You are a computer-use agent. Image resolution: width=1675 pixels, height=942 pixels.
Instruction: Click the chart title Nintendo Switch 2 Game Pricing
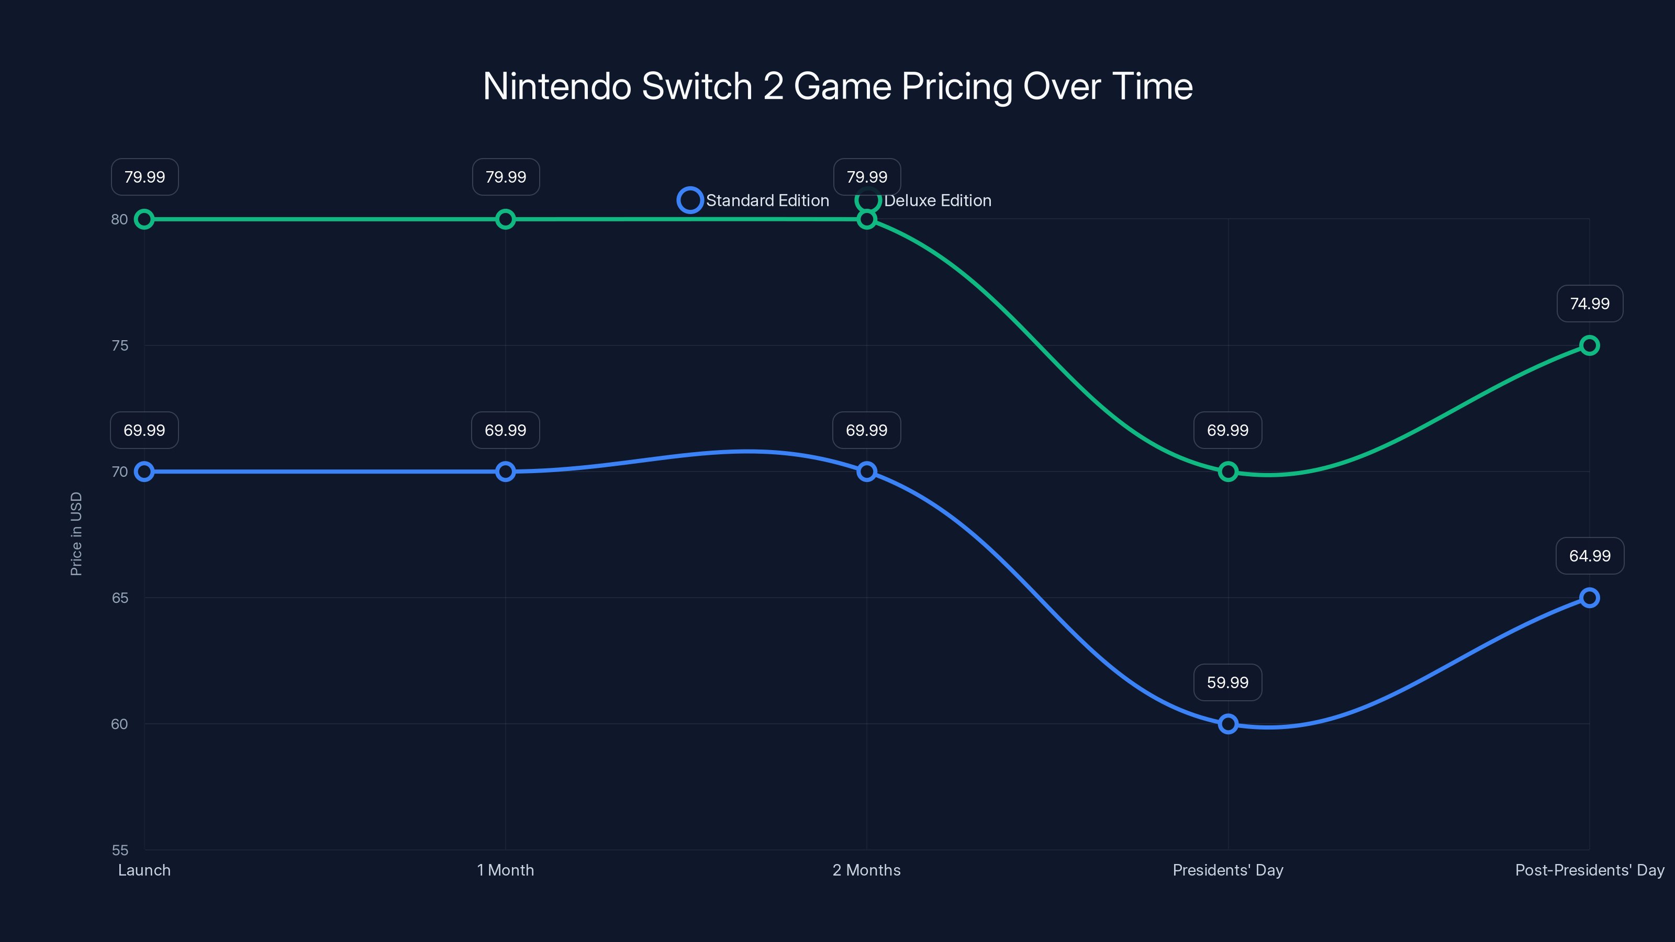(x=837, y=86)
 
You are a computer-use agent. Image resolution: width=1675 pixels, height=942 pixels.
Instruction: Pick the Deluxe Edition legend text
(x=937, y=200)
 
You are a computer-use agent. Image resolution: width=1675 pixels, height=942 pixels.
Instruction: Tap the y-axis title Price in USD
(x=76, y=533)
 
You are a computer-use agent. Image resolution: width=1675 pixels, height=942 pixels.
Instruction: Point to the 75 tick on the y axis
(x=120, y=345)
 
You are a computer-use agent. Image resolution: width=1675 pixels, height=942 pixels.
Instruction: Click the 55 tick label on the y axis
(x=120, y=850)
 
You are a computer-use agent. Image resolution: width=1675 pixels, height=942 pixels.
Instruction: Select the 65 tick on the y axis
(x=120, y=598)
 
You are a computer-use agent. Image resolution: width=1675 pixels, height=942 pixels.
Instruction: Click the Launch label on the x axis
(x=144, y=870)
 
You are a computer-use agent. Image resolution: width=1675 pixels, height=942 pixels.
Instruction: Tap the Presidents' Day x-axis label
(x=1227, y=870)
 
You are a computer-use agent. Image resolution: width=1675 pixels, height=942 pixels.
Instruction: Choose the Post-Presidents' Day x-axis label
(x=1589, y=870)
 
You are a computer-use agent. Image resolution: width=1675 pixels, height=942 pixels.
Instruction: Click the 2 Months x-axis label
(x=866, y=870)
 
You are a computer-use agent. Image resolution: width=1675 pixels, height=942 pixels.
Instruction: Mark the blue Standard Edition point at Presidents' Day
(x=1227, y=724)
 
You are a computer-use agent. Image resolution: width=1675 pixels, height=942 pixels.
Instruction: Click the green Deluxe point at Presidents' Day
(x=1227, y=472)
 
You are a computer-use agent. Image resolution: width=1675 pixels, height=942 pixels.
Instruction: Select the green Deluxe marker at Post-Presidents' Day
(x=1589, y=345)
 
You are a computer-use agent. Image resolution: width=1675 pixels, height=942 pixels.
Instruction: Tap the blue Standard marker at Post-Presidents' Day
(x=1589, y=598)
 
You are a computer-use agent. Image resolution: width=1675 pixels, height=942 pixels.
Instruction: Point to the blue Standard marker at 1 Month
(x=505, y=472)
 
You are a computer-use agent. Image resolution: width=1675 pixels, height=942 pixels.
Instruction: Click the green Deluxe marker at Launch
(x=144, y=219)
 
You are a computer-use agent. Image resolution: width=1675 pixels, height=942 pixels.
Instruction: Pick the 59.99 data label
(x=1227, y=682)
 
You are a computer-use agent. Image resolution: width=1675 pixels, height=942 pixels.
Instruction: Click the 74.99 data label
(x=1589, y=304)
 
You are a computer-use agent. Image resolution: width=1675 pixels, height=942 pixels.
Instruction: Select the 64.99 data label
(x=1589, y=556)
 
